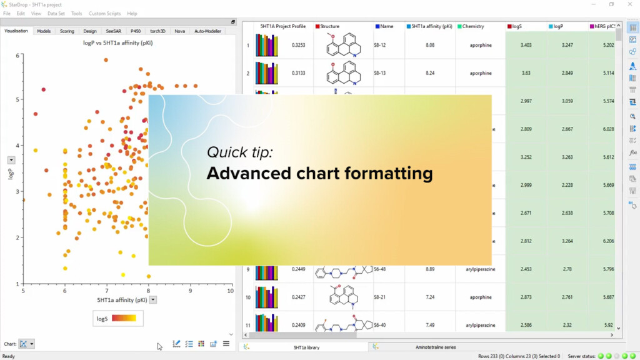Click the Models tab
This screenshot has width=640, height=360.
pyautogui.click(x=44, y=31)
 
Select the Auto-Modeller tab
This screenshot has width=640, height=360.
pyautogui.click(x=207, y=31)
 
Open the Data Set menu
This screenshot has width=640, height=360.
pyautogui.click(x=56, y=13)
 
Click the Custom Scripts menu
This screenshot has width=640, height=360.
pyautogui.click(x=106, y=13)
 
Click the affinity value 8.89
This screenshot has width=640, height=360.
pyautogui.click(x=430, y=269)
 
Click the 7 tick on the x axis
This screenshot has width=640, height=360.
pyautogui.click(x=107, y=291)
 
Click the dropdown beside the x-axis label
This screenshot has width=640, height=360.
pyautogui.click(x=153, y=300)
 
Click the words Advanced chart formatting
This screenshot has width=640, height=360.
pyautogui.click(x=319, y=172)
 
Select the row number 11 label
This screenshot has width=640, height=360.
pyautogui.click(x=248, y=325)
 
